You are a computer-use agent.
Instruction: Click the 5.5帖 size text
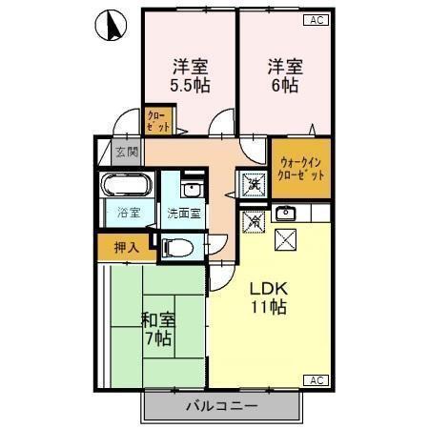coord(191,85)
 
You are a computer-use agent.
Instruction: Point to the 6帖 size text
coord(285,85)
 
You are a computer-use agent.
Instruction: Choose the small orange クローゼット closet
coord(157,121)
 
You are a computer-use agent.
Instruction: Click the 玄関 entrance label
coord(127,151)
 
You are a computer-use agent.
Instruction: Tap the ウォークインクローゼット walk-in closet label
coord(300,169)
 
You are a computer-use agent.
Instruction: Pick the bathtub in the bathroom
coord(127,185)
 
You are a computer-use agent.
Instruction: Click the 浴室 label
coord(127,213)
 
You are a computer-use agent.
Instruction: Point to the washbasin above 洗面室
coord(192,186)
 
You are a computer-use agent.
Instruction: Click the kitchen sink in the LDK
coord(287,212)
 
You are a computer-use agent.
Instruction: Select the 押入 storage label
coord(126,248)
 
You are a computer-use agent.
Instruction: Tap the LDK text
coord(269,289)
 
